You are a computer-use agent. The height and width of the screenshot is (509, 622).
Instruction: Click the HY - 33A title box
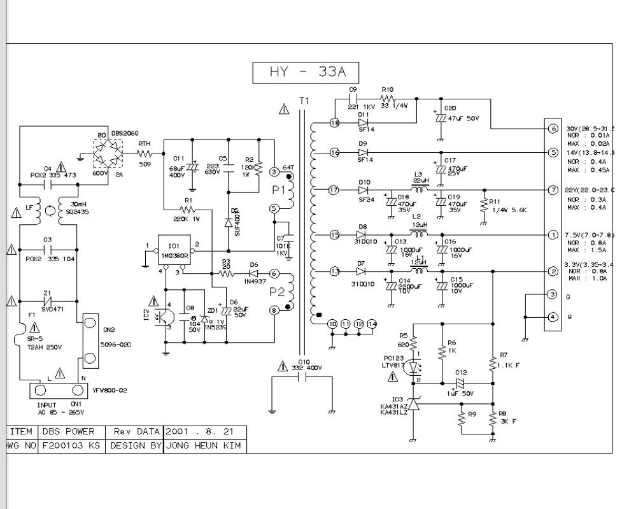[306, 73]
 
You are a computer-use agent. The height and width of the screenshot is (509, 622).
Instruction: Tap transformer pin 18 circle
[335, 123]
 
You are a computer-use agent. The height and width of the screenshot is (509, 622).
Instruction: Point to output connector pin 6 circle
[553, 128]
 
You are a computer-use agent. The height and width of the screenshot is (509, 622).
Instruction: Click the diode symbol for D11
[364, 123]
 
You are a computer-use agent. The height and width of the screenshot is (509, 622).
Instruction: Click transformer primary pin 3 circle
[274, 171]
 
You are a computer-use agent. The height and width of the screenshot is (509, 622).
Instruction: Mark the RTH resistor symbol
[145, 154]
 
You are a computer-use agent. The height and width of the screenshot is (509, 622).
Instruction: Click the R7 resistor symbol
[493, 364]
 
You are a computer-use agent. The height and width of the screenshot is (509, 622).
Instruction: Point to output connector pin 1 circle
[553, 234]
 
